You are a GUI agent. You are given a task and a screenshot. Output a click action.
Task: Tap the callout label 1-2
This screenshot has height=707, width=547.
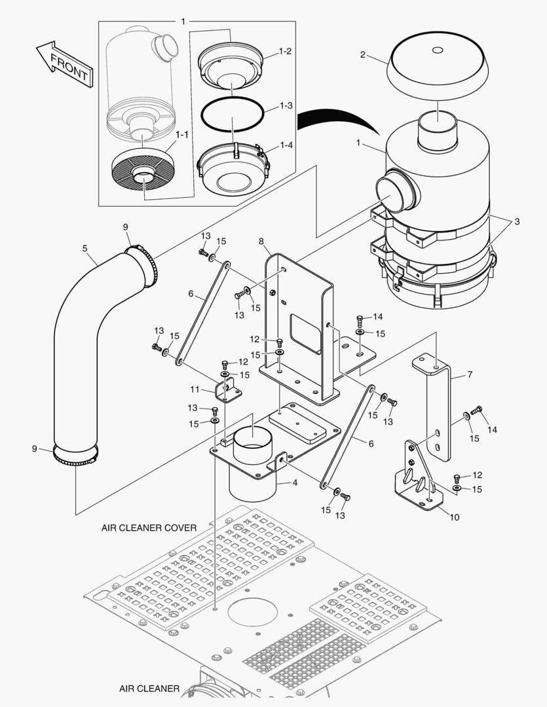285,51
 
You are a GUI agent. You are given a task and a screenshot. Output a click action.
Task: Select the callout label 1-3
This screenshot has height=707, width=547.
285,105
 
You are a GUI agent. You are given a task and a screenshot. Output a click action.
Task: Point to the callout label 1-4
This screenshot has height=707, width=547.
285,145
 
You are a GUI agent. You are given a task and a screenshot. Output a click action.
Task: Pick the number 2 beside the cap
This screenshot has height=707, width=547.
362,54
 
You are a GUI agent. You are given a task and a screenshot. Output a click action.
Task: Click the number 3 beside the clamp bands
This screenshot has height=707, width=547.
517,222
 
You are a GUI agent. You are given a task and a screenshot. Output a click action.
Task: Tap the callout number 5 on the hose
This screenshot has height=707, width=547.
85,248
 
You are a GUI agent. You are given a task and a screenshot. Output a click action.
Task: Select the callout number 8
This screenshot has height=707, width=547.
261,242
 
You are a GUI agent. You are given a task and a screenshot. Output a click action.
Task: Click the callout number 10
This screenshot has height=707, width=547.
454,517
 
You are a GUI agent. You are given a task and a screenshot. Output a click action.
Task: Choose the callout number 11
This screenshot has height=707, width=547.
195,389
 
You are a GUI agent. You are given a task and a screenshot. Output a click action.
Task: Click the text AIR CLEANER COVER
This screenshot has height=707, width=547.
149,527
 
